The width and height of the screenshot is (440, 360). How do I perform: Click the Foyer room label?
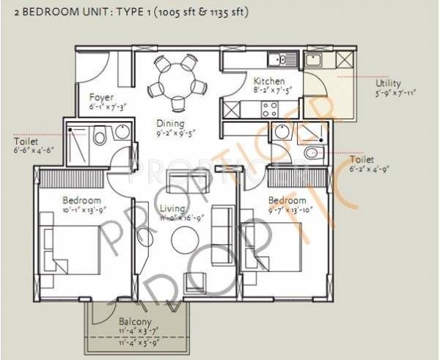click(100, 96)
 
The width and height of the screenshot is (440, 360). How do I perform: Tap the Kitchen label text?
click(265, 81)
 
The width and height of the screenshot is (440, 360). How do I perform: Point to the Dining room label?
click(169, 123)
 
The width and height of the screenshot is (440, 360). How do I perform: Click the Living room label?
click(174, 210)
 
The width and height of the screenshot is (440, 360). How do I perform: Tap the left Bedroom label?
click(81, 200)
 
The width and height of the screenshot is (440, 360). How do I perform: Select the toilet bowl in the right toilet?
click(311, 153)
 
